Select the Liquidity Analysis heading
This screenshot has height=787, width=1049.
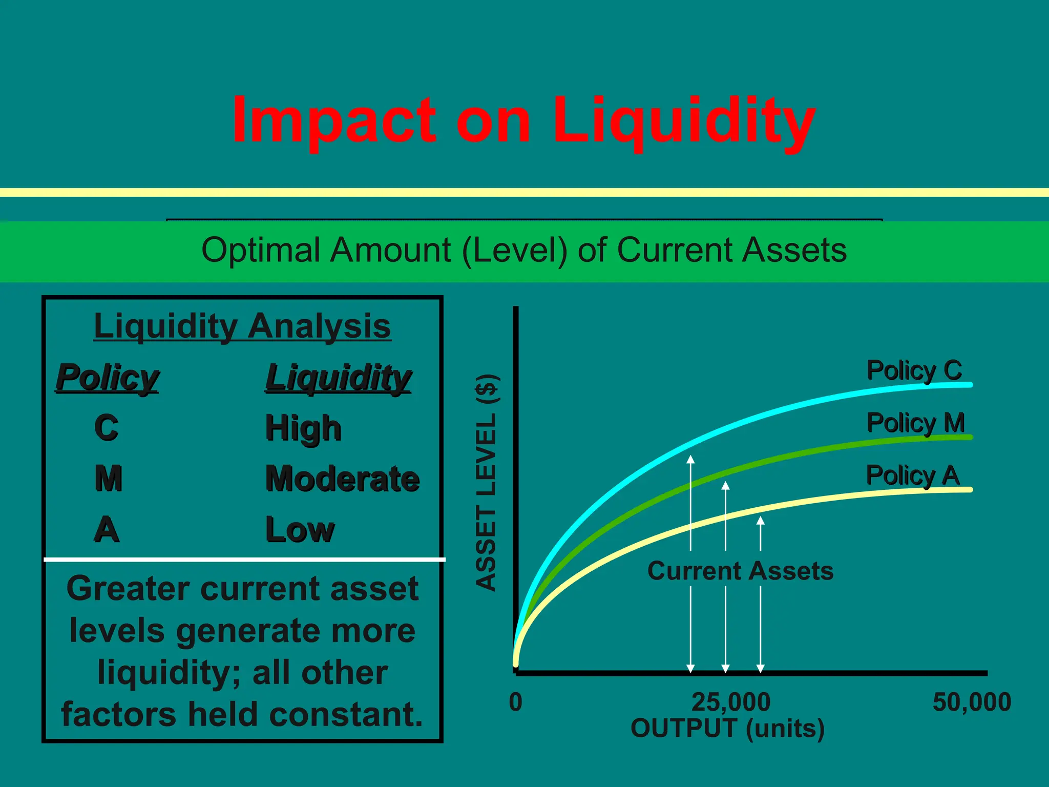tap(242, 326)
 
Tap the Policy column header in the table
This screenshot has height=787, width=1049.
tap(108, 378)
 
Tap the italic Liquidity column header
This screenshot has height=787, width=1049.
tap(338, 378)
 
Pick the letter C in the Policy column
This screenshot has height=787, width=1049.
tap(107, 428)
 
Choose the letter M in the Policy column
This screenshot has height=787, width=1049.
tap(109, 479)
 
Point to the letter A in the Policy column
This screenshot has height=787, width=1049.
tap(107, 529)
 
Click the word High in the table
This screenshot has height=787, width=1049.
tap(303, 428)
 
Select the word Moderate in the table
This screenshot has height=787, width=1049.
tap(342, 479)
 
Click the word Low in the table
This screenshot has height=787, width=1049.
tap(300, 529)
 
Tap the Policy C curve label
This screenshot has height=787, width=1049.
tap(914, 370)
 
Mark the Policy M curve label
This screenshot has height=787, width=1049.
tap(915, 423)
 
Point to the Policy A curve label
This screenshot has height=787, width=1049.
tap(912, 475)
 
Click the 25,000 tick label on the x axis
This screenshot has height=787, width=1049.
tap(731, 702)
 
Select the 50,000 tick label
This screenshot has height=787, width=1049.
tap(972, 702)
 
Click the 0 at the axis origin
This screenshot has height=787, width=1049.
tap(516, 702)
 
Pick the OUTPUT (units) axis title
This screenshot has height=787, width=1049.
tap(727, 728)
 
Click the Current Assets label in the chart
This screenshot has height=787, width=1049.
tap(740, 571)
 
